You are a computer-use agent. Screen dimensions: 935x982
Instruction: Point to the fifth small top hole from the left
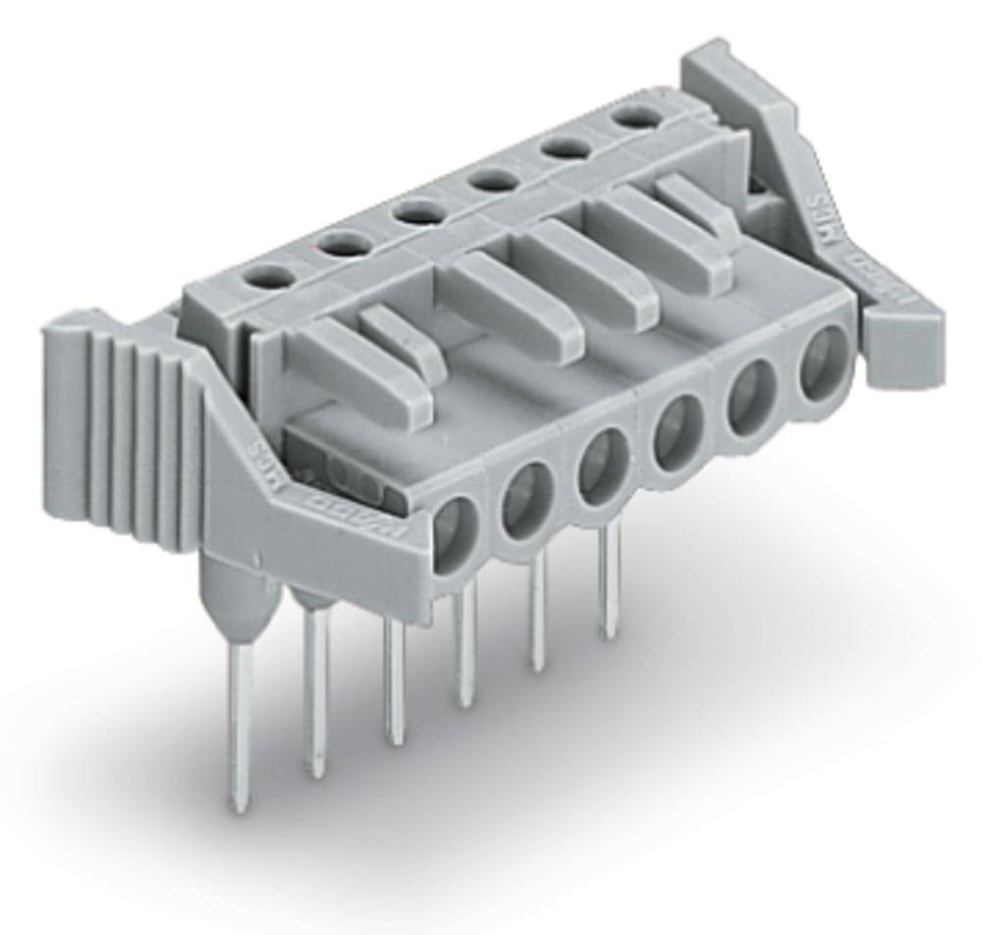[x=562, y=148]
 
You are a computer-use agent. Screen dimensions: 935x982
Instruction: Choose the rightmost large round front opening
[x=822, y=362]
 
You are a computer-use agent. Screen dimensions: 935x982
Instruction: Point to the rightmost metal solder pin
[x=611, y=579]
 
